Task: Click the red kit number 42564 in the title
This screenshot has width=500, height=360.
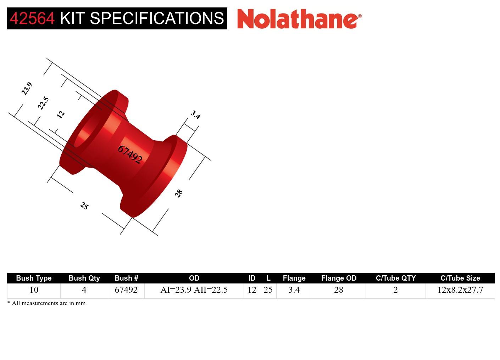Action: pos(32,18)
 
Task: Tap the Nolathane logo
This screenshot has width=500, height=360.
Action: pos(299,18)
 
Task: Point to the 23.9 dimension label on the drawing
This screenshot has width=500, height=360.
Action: pos(27,89)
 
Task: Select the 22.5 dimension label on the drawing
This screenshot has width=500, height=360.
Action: pos(43,103)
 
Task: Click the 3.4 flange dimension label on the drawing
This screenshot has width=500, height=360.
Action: pos(195,114)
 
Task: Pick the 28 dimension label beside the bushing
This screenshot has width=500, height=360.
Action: pos(179,193)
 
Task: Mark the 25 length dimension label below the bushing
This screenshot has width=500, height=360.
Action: pos(84,206)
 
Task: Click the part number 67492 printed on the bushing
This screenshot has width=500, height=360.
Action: pos(130,154)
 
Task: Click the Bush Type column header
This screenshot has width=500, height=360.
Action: pos(34,278)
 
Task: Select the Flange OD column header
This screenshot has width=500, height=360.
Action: pos(339,278)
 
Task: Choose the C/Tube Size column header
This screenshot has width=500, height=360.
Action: pos(460,278)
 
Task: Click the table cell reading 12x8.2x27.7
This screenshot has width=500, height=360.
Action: pos(460,290)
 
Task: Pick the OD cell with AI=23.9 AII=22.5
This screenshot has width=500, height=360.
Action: pos(194,290)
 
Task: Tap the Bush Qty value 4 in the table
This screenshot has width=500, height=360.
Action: pos(84,290)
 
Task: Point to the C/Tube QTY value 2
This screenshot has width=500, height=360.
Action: pos(395,290)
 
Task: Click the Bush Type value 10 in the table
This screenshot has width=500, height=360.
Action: pos(34,290)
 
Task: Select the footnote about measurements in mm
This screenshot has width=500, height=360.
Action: pos(46,303)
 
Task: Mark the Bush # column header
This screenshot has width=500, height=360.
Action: pos(126,278)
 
